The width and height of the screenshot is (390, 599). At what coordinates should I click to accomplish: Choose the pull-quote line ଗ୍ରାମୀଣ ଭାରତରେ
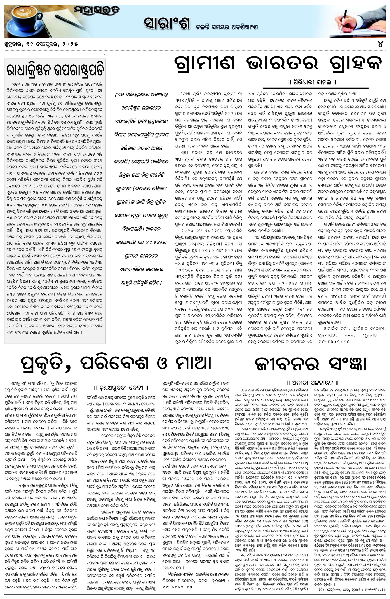click(x=141, y=256)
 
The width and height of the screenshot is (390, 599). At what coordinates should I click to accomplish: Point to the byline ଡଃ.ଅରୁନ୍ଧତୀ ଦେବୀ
click(x=121, y=388)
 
